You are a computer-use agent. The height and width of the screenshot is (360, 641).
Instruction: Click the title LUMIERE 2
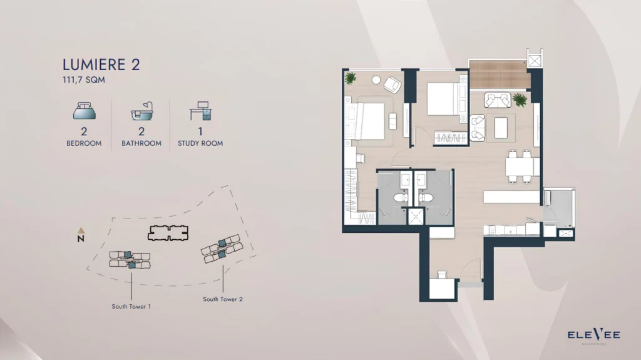(101, 64)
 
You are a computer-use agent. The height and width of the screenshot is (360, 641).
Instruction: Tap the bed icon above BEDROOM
(84, 112)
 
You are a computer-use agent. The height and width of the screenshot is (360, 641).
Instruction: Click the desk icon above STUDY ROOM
(200, 111)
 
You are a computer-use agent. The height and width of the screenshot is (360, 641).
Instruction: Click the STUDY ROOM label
(200, 143)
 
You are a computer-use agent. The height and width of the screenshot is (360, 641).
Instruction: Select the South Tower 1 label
(131, 307)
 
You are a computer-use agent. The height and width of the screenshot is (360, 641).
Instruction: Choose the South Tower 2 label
(223, 299)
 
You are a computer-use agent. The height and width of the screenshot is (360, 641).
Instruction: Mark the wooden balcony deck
(498, 75)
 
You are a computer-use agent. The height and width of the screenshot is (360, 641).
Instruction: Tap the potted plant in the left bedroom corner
(351, 78)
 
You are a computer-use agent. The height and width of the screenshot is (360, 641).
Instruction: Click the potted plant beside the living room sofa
(519, 99)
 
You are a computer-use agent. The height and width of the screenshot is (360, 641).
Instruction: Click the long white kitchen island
(511, 197)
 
